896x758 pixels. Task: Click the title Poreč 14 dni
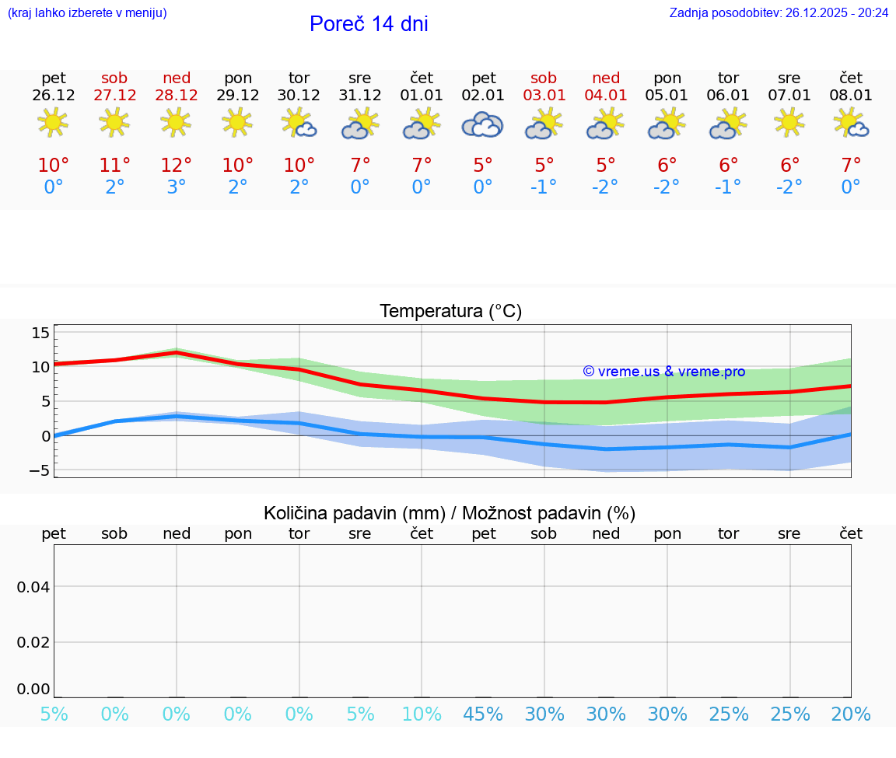[x=369, y=24]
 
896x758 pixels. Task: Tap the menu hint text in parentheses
[x=87, y=12]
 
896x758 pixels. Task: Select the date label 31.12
[x=360, y=95]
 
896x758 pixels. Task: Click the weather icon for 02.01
[x=483, y=124]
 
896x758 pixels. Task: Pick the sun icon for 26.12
[x=53, y=122]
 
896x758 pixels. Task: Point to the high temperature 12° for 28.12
[x=177, y=165]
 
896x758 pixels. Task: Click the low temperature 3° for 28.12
[x=177, y=187]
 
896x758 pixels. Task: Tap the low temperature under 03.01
[x=544, y=187]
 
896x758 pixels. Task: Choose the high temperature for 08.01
[x=851, y=165]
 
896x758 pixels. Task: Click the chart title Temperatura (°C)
[x=450, y=311]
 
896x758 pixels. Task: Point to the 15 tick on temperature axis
[x=40, y=333]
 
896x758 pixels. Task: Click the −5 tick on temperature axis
[x=37, y=470]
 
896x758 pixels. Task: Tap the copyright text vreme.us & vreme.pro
[x=664, y=372]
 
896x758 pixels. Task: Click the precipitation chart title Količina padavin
[x=450, y=513]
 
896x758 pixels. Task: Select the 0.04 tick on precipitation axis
[x=33, y=587]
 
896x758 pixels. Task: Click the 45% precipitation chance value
[x=483, y=714]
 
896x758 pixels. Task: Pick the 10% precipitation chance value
[x=422, y=714]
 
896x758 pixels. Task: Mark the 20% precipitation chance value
[x=851, y=714]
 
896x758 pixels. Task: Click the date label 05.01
[x=667, y=95]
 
